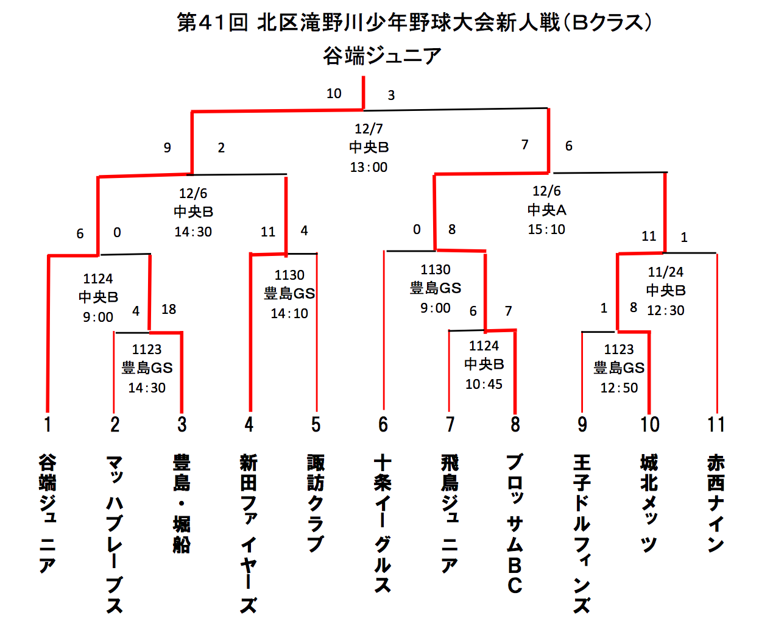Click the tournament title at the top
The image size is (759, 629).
pos(414,23)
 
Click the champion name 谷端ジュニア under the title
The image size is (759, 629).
pos(382,56)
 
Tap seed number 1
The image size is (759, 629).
pos(48,424)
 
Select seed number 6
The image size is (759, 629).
pos(383,424)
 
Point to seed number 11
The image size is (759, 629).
pos(716,424)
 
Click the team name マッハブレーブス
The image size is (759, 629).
pos(115,533)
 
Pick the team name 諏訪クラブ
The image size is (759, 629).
pos(316,503)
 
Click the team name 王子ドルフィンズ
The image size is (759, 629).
pos(582,533)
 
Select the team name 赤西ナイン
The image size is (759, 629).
pos(716,503)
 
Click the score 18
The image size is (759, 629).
pos(169,310)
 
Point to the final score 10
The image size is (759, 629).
pos(334,93)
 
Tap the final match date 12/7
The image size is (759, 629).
pos(369,129)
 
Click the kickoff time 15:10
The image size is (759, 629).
pos(546,230)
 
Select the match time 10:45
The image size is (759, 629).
pos(484,385)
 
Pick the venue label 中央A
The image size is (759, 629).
pos(546,210)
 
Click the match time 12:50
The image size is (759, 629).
pos(619,388)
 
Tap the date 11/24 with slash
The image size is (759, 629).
pos(665,272)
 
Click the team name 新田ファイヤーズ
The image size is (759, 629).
pos(249,533)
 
